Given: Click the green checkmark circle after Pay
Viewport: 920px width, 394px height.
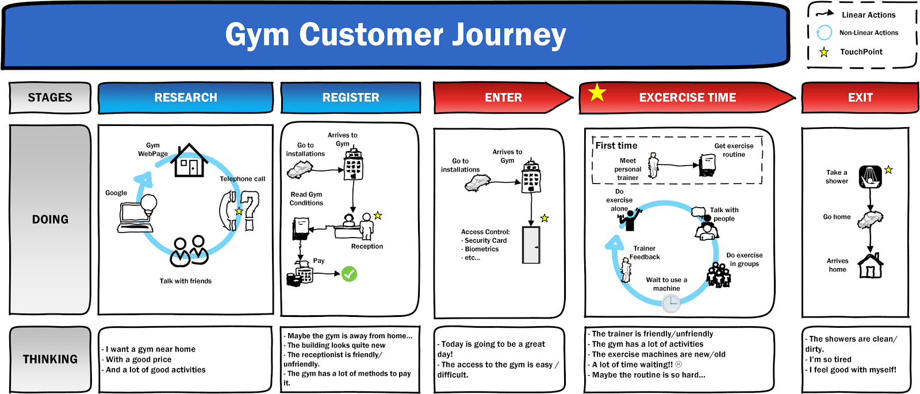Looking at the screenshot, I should pos(349,274).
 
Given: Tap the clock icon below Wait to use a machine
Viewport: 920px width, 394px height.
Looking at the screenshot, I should pos(670,303).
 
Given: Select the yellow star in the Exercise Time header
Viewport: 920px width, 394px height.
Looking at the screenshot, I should pos(597,92).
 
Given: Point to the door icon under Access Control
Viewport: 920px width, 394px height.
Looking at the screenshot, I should pos(531,245).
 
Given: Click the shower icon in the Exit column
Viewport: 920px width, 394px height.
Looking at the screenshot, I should pos(871,177).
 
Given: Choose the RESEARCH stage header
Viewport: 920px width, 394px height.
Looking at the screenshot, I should pos(185,98).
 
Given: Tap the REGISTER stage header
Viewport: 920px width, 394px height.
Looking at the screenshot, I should pos(350,98).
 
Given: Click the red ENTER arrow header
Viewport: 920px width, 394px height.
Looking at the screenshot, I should pos(503,98).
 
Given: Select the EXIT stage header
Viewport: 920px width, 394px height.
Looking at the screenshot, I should pos(860,98).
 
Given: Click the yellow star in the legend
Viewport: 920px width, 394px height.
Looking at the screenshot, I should pos(824,52).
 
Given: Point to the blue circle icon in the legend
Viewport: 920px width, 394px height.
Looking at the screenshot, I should pos(824,33).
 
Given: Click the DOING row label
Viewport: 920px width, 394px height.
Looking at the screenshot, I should pos(50,220).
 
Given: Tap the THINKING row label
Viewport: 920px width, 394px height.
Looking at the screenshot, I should pos(50,359).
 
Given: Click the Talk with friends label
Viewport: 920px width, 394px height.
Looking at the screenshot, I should pos(185,281).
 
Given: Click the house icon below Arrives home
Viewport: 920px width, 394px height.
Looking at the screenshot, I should pos(871,266).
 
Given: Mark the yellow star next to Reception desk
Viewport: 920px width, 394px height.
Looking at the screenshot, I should pos(378,216).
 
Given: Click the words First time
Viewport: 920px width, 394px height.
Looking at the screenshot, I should pos(616,146).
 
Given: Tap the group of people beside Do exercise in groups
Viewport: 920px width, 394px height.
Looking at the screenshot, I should pos(718,275).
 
